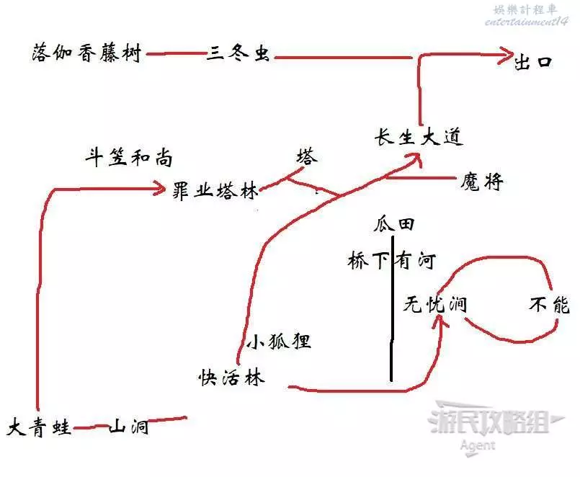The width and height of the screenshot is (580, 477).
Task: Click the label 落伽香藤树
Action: [86, 54]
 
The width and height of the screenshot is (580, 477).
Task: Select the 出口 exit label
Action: [533, 61]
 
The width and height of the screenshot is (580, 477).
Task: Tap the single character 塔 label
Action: [306, 157]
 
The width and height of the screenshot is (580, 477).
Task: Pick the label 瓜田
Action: [393, 225]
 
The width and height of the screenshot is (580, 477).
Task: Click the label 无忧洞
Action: [434, 305]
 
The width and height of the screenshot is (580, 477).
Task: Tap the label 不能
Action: [549, 305]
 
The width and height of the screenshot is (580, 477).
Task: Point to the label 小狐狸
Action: [278, 342]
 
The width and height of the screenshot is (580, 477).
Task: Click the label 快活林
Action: [232, 377]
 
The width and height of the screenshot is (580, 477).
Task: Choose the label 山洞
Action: [129, 427]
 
